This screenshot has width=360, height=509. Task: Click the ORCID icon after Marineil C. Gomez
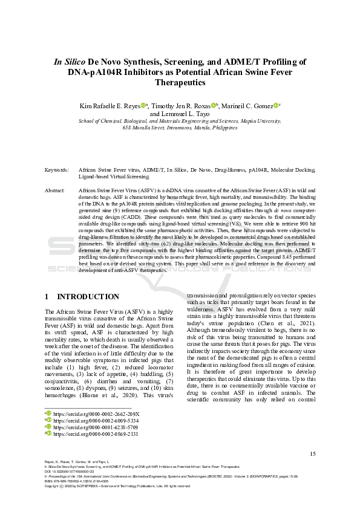275,105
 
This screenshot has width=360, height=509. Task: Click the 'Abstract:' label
55,190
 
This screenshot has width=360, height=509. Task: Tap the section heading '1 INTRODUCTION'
82,297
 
